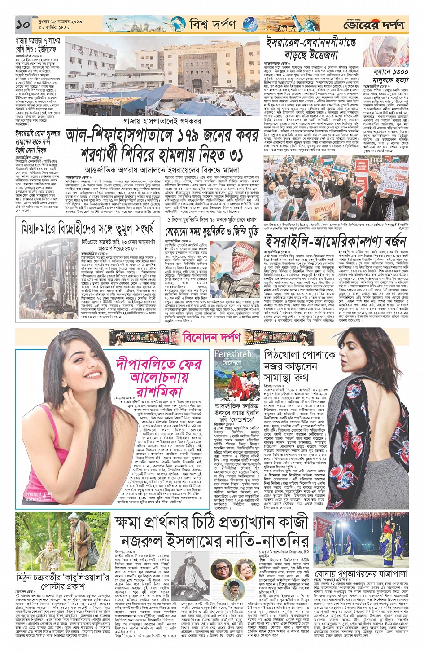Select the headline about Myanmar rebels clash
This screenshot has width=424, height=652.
pos(87,229)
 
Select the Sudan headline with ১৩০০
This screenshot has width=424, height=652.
pos(390,76)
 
